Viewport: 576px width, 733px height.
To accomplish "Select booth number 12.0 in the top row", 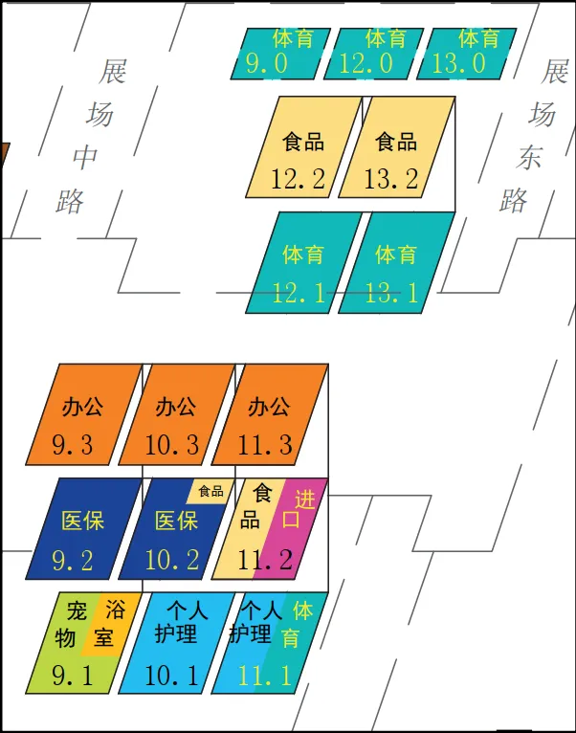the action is tap(372, 54).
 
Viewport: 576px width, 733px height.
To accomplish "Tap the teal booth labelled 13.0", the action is tap(465, 54).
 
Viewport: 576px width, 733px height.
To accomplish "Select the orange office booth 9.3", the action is tap(84, 413).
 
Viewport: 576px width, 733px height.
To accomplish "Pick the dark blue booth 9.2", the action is tap(84, 528).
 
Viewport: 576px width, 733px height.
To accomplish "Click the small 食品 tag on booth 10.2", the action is tap(210, 491).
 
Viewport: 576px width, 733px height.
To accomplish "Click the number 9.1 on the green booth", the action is tap(73, 676).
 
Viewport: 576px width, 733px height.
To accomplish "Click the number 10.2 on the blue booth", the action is tap(171, 561).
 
